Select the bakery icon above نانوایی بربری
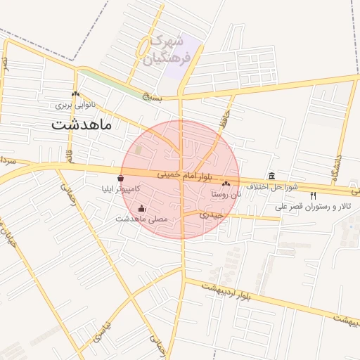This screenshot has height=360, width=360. tap(75, 94)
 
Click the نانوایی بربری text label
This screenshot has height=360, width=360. tap(75, 105)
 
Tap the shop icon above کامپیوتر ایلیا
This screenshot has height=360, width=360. tap(122, 178)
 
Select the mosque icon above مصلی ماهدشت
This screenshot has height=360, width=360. tap(142, 208)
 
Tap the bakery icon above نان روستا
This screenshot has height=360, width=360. tap(226, 184)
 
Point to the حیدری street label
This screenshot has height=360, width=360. tap(211, 213)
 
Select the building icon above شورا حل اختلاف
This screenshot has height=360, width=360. tap(271, 176)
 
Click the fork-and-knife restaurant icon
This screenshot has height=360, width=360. tap(313, 195)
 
